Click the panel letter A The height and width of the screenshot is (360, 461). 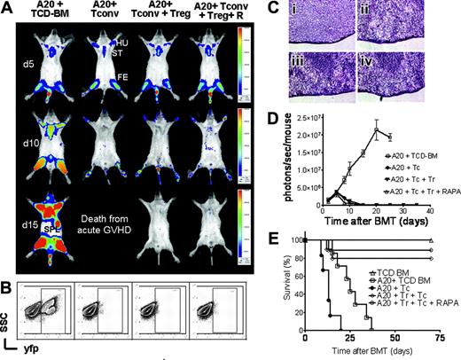click(x=7, y=8)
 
